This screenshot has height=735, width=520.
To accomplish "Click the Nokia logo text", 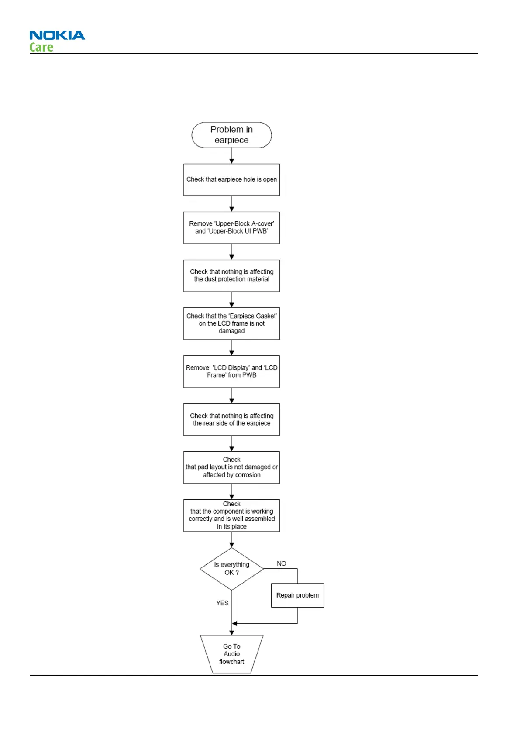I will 57,35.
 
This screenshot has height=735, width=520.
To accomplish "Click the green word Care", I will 41,47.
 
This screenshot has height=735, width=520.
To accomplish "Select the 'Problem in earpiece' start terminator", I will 231,135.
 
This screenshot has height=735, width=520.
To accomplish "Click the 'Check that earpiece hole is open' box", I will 231,179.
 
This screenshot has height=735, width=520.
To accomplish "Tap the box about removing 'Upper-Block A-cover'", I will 231,227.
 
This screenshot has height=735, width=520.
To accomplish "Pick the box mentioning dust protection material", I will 231,275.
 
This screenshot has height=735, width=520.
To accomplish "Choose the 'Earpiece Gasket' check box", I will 231,323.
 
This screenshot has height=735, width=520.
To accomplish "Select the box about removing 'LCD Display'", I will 231,371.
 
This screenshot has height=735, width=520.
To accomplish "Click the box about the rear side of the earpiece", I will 231,419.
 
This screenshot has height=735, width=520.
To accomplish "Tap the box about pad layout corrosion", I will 231,467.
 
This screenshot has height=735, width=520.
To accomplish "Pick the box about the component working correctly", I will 231,515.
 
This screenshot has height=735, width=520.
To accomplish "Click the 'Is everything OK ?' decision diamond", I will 231,569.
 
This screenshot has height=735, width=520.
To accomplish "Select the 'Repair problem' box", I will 297,595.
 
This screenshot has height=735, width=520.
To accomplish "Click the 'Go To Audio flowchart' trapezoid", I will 231,654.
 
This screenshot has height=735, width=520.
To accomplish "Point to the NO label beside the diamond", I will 282,563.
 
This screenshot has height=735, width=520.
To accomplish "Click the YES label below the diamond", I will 222,603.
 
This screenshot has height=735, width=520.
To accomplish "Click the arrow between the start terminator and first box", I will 231,156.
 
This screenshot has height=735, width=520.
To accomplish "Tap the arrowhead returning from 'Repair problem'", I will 235,623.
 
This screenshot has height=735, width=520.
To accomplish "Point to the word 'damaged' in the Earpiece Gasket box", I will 231,331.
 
